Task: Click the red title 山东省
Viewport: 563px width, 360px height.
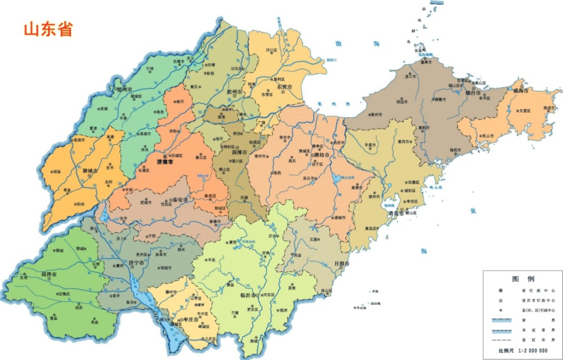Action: [48, 29]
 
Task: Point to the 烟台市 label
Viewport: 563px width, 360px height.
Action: [471, 92]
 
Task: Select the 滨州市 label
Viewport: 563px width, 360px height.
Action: [235, 91]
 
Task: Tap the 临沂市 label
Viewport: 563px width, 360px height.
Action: [248, 295]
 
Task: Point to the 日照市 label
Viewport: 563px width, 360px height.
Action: [341, 263]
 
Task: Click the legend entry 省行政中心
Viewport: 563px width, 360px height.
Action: [532, 290]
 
